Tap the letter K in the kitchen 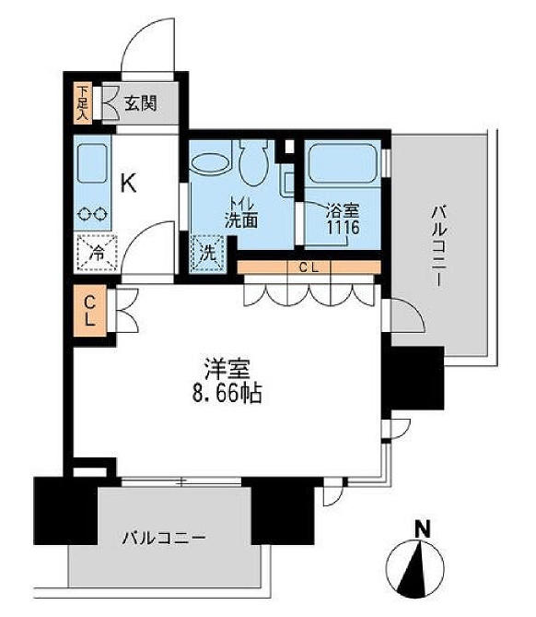129,182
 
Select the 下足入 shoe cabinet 83,103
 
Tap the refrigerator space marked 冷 94,250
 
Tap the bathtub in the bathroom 341,164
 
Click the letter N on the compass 423,529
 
